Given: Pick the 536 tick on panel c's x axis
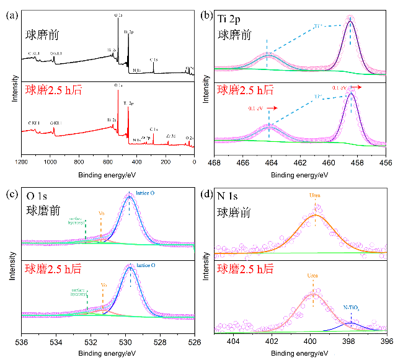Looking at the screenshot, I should pos(22,341).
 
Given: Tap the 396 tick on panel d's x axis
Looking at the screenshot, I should pos(386,341).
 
